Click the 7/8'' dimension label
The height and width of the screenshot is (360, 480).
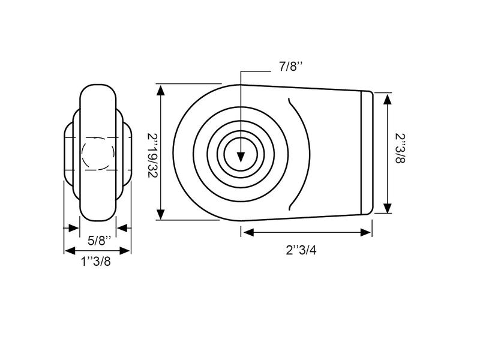[290, 67]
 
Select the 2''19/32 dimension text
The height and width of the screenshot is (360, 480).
[152, 155]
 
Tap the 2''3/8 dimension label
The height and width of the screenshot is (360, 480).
[400, 148]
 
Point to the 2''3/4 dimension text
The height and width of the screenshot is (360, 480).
[301, 250]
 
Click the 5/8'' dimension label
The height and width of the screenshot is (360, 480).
[98, 241]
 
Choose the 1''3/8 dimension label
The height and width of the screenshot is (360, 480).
[96, 262]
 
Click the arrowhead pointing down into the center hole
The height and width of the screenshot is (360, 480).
[241, 157]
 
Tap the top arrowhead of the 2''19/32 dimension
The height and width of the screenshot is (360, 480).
[161, 91]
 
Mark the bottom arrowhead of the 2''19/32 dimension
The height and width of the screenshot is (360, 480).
[161, 214]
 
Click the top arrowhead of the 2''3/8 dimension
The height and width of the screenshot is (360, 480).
[388, 100]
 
